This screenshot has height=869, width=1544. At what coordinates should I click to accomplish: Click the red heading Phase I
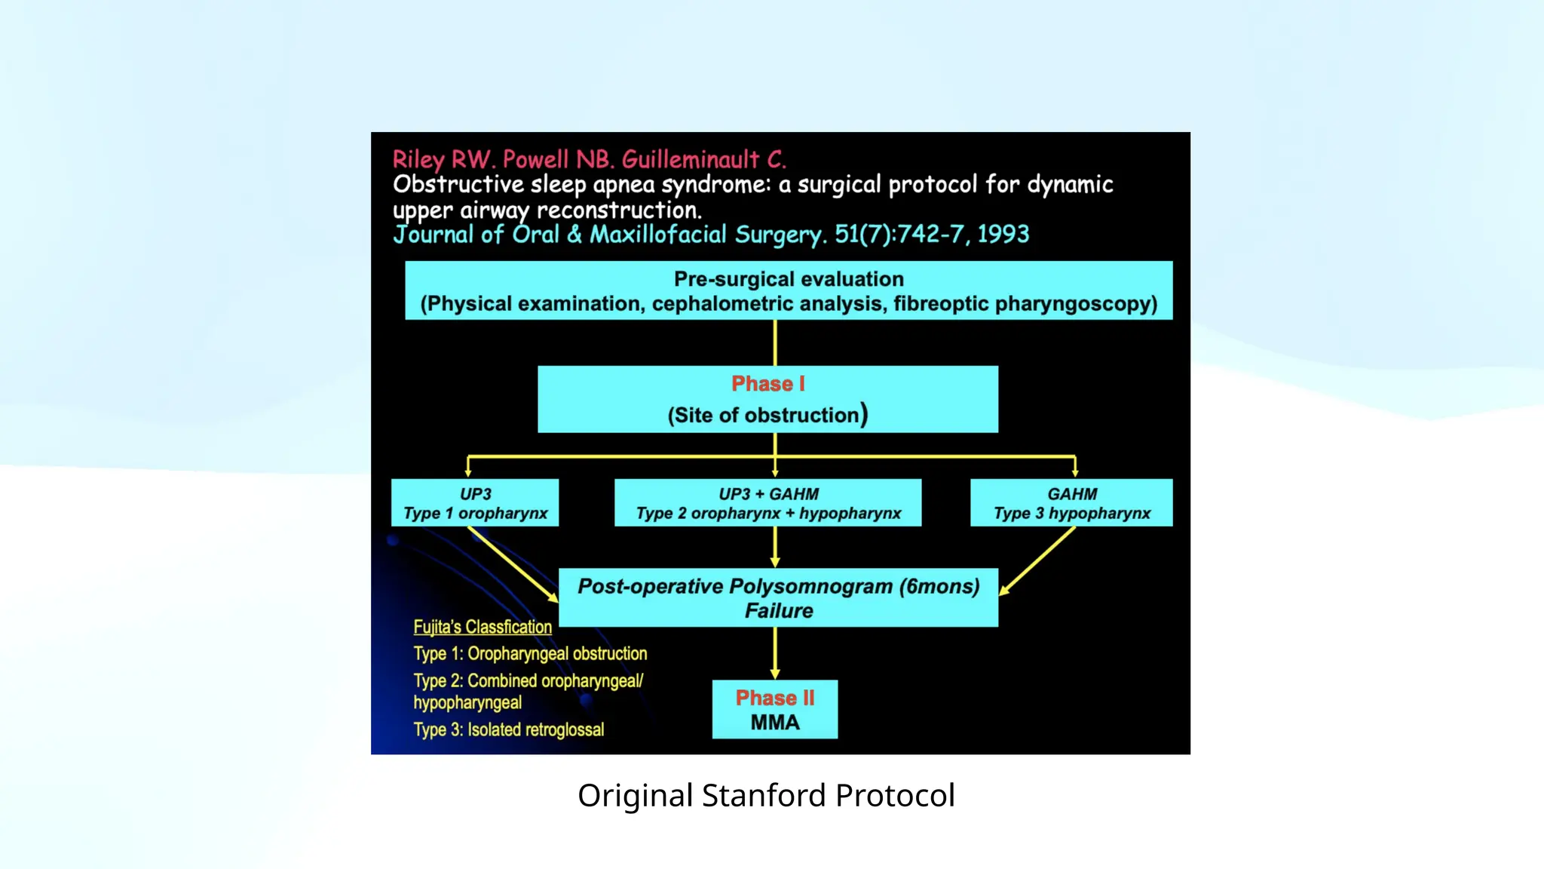pyautogui.click(x=767, y=384)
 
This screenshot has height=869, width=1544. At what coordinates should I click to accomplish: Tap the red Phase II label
pyautogui.click(x=774, y=698)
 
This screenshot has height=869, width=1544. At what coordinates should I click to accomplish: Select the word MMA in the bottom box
pyautogui.click(x=774, y=723)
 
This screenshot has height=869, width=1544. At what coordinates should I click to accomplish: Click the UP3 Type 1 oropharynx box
pyautogui.click(x=475, y=503)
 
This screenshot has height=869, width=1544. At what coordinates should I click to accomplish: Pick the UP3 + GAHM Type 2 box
pyautogui.click(x=767, y=503)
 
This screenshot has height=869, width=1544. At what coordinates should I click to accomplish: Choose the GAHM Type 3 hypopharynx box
pyautogui.click(x=1071, y=503)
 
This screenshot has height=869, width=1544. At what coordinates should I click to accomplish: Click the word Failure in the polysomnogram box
pyautogui.click(x=779, y=611)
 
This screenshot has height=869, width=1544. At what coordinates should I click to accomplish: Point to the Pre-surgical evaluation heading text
pyautogui.click(x=789, y=279)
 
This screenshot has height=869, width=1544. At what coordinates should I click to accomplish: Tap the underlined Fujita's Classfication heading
pyautogui.click(x=482, y=627)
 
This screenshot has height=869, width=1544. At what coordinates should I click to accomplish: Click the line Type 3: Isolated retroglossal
pyautogui.click(x=509, y=729)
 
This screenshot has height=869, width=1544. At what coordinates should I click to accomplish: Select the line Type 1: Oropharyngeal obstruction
pyautogui.click(x=530, y=653)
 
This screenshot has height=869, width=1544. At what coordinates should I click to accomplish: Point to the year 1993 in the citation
pyautogui.click(x=1003, y=234)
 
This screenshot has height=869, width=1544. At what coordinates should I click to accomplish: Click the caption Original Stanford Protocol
pyautogui.click(x=766, y=796)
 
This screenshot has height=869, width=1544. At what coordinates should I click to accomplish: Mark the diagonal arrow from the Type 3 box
pyautogui.click(x=1037, y=561)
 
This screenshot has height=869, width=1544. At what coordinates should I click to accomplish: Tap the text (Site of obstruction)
pyautogui.click(x=767, y=415)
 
